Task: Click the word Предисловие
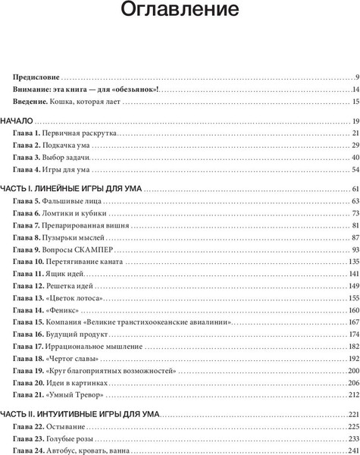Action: click(36, 78)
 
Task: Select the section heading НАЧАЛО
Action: click(17, 122)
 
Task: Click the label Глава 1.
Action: click(27, 133)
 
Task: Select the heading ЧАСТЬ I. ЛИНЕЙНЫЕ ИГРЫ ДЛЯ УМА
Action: click(71, 189)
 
